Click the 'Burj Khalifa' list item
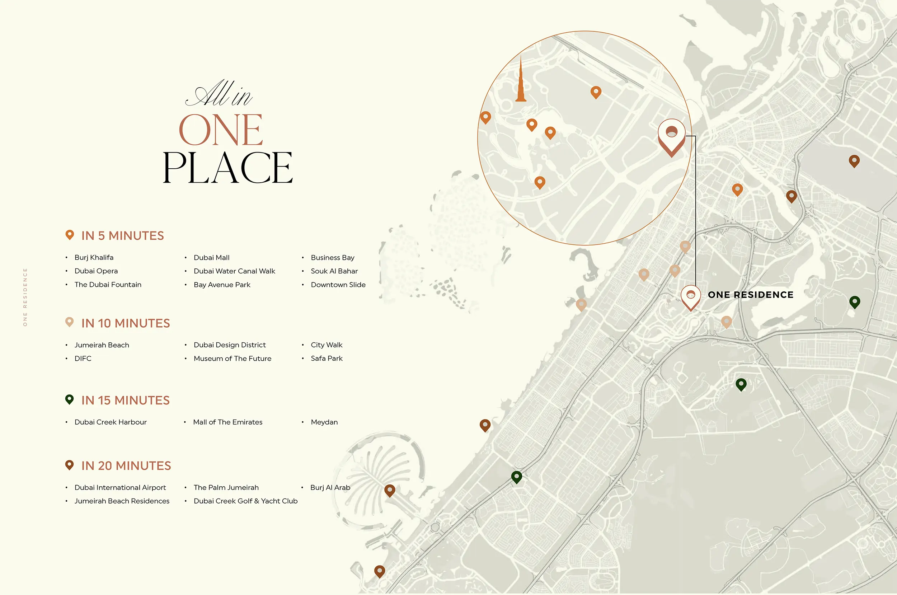click(x=94, y=257)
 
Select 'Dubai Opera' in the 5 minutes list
click(x=96, y=271)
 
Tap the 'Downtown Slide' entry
click(x=338, y=285)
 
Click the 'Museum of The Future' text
click(x=232, y=359)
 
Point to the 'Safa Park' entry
click(x=326, y=358)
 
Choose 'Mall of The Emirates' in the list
click(x=227, y=422)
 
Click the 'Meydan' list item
click(x=324, y=422)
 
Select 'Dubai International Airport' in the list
click(x=120, y=487)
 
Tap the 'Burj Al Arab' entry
click(x=330, y=487)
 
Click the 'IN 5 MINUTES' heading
click(x=122, y=236)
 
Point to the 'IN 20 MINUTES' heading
click(x=126, y=465)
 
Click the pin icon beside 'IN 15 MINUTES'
click(x=69, y=399)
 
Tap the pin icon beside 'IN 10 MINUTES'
click(x=69, y=322)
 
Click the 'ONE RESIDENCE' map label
click(x=750, y=295)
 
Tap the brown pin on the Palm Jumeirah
click(x=390, y=490)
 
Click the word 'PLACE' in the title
click(x=227, y=167)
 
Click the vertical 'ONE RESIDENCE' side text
click(x=25, y=297)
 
